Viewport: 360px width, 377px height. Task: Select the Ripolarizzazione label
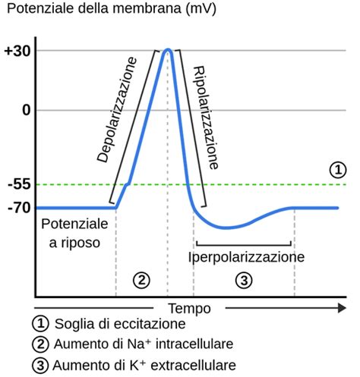[x=206, y=116]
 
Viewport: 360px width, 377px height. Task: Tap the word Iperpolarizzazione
[x=246, y=257]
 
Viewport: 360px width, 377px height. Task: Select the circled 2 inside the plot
[x=141, y=280]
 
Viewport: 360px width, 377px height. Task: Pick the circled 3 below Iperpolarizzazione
[x=244, y=280]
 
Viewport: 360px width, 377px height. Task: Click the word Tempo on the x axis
[x=190, y=309]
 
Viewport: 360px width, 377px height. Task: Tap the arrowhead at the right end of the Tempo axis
[x=339, y=309]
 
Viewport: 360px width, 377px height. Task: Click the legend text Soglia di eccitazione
[x=118, y=325]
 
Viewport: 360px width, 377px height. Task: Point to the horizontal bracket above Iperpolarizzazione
[x=244, y=244]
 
